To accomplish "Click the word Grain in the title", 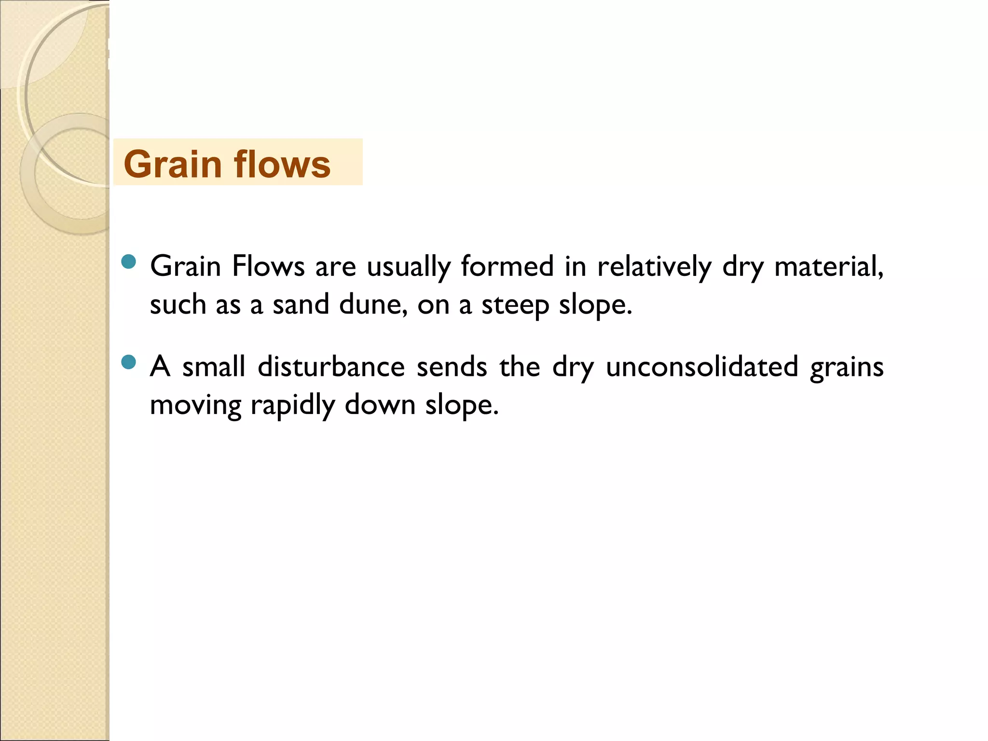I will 172,164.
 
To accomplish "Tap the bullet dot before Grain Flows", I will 129,261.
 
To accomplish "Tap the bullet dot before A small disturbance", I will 129,362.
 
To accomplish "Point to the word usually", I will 408,267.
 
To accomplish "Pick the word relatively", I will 654,267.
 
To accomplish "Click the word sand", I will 301,304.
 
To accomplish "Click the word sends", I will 452,366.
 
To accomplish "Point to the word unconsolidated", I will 702,366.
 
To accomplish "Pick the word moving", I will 195,405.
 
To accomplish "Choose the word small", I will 214,366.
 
